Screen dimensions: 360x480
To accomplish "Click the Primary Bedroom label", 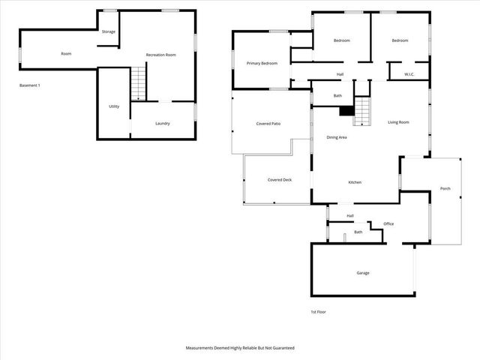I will coord(262,63).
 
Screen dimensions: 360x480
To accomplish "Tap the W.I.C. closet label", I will coord(409,74).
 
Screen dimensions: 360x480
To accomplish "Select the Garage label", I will coord(362,273).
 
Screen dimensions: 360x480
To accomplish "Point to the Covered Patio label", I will coord(268,123).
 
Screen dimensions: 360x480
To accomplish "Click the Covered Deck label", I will coord(279,180).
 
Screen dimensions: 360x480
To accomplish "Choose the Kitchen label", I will coord(355,182).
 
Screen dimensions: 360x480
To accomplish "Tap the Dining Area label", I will coord(336,137).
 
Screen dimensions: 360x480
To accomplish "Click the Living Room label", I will coord(398,122).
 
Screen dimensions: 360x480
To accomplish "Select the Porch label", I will coord(445,188).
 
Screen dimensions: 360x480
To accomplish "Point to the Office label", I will coord(388,223).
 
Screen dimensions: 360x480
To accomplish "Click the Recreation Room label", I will coord(160,55).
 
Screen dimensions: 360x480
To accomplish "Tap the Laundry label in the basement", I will coord(163,123).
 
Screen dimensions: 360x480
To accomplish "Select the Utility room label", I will coord(114,106).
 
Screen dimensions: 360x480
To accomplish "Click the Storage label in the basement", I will coord(109,31).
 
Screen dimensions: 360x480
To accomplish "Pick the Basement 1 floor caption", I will coord(30,85).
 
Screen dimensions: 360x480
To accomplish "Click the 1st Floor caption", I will coord(319,311).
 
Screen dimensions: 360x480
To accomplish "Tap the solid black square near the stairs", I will coord(346,110).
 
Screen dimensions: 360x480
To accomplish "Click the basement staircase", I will coord(139,83).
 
